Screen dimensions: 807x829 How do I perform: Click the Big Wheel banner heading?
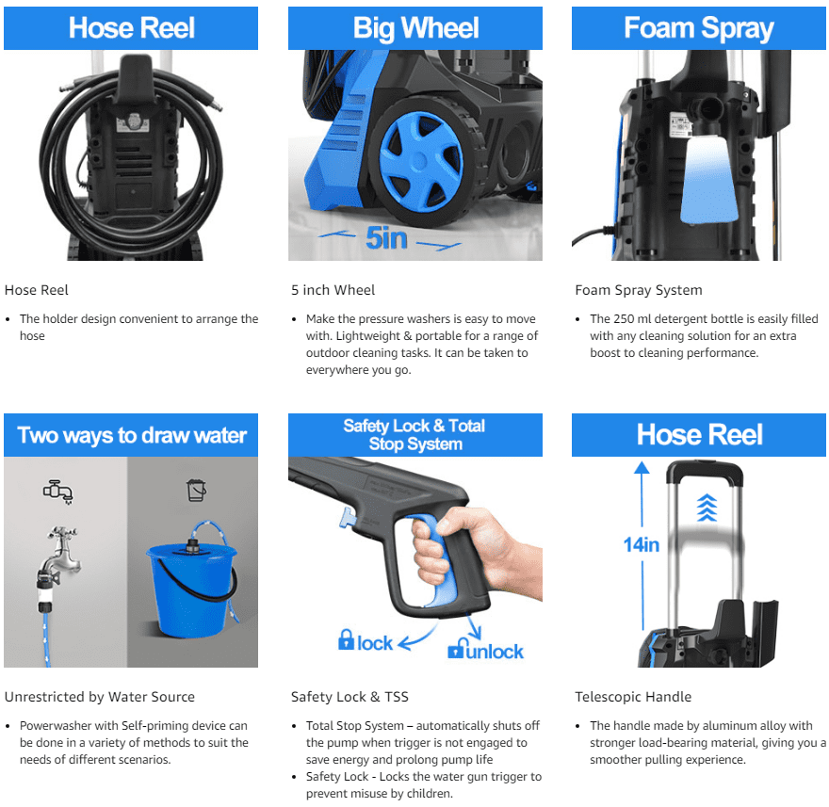(x=414, y=27)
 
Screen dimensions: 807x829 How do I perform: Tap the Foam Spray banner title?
(x=698, y=27)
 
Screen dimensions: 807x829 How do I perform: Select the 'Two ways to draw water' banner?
(x=131, y=435)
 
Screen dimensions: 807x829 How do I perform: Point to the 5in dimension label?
(x=386, y=237)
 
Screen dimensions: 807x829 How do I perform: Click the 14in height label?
(x=641, y=543)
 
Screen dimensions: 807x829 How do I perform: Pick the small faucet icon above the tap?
(x=57, y=491)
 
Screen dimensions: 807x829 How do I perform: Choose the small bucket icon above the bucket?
(x=196, y=490)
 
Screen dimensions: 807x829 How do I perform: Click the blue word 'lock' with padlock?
(x=366, y=642)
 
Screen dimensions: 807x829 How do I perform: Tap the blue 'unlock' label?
(x=485, y=650)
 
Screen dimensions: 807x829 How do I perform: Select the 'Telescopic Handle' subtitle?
(x=633, y=697)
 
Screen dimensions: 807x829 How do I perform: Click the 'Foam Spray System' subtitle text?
(x=638, y=290)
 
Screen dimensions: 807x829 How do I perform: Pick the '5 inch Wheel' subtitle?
(x=333, y=290)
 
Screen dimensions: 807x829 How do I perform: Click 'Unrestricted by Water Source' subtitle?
(x=99, y=697)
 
